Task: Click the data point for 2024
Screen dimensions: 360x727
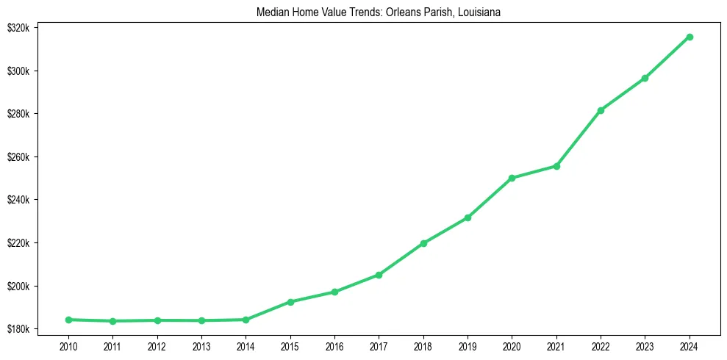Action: (690, 37)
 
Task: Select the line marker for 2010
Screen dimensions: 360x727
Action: (68, 320)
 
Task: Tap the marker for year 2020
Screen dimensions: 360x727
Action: (512, 178)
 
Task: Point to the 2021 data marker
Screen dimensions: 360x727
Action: (556, 166)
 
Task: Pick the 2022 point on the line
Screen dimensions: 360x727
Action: (601, 110)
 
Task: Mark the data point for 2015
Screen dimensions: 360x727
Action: (290, 302)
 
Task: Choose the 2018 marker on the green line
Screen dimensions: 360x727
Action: (423, 243)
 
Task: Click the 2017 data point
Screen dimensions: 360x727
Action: (379, 275)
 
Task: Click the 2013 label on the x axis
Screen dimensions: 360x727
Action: (201, 345)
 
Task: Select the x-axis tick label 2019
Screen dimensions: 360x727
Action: (468, 345)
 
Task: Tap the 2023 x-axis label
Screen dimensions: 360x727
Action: (645, 345)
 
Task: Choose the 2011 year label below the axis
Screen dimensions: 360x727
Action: (112, 345)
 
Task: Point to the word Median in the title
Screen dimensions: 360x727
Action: (271, 12)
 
